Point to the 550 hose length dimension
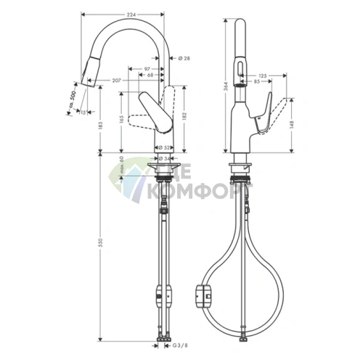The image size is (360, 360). (100, 242)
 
